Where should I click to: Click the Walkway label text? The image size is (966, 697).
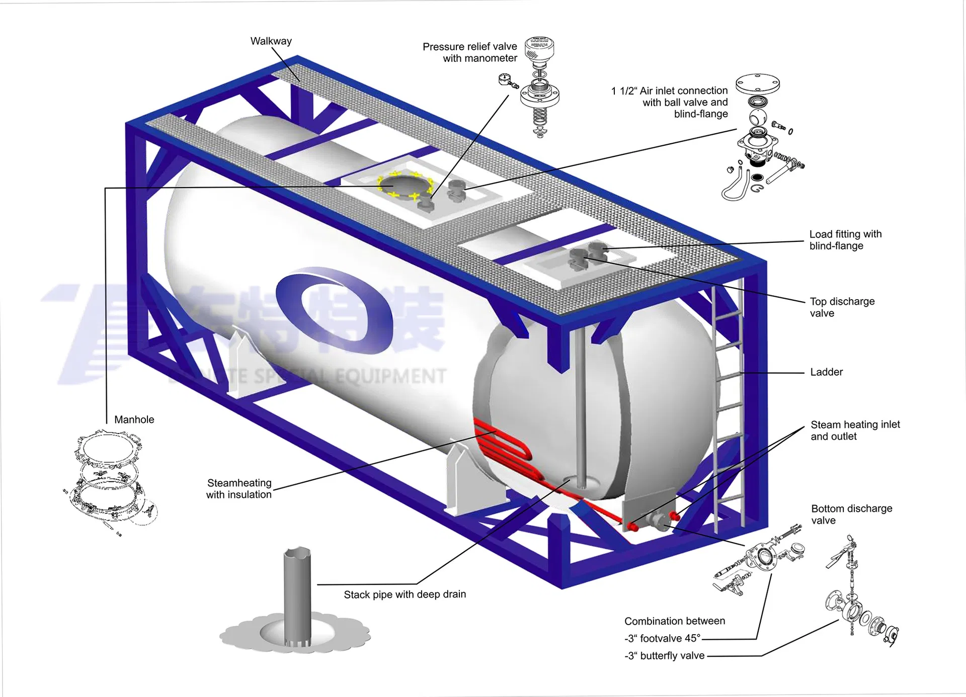point(271,41)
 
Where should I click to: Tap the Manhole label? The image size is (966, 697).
point(134,419)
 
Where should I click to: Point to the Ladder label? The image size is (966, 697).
point(826,372)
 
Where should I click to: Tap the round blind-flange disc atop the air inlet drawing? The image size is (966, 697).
point(757,84)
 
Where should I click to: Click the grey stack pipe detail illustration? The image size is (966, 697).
point(297,598)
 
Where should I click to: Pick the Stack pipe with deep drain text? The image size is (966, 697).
point(405,594)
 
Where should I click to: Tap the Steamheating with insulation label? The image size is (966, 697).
point(239,488)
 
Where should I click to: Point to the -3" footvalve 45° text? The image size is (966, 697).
point(662,638)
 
